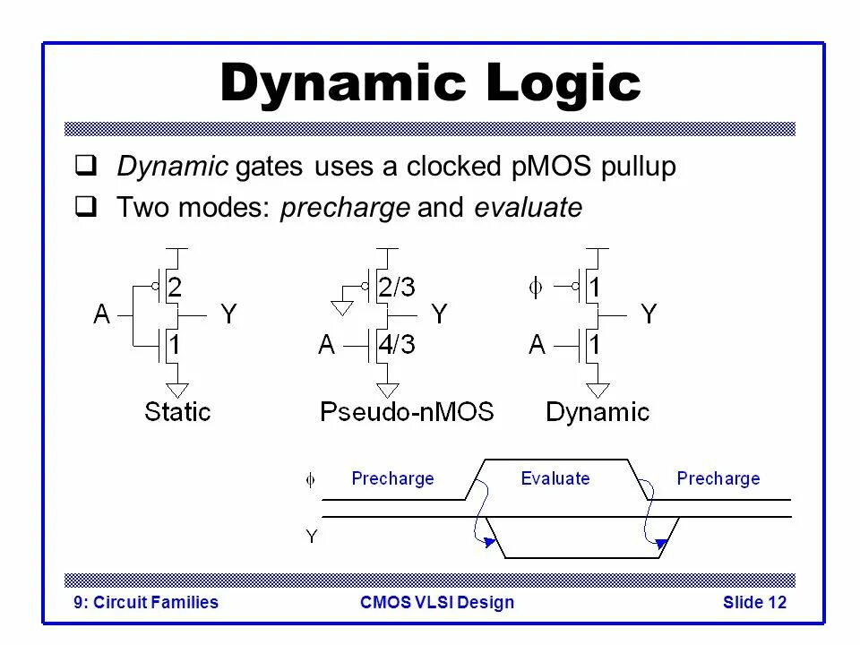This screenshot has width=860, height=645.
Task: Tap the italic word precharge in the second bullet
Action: (345, 209)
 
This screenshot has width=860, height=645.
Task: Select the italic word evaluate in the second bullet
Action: (528, 209)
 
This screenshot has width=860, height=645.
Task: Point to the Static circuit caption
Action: (177, 412)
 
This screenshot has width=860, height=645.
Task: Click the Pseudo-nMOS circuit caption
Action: (407, 412)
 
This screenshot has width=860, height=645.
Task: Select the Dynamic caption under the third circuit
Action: (598, 412)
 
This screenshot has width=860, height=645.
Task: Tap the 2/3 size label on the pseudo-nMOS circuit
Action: (397, 288)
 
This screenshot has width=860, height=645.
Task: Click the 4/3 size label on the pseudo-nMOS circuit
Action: (397, 344)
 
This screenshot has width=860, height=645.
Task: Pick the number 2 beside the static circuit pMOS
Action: (176, 288)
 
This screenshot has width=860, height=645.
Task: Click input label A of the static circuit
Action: (103, 314)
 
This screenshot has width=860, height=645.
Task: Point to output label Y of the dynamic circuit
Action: (649, 314)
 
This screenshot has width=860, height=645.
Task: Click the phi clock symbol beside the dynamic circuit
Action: (535, 288)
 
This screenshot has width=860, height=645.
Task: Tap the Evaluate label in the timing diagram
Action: (555, 478)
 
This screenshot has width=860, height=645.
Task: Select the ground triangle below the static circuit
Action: (178, 390)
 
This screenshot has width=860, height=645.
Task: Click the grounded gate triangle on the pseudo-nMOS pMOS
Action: (340, 307)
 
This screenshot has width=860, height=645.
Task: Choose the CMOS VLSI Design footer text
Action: (437, 602)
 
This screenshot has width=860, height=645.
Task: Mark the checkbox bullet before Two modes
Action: (86, 209)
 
